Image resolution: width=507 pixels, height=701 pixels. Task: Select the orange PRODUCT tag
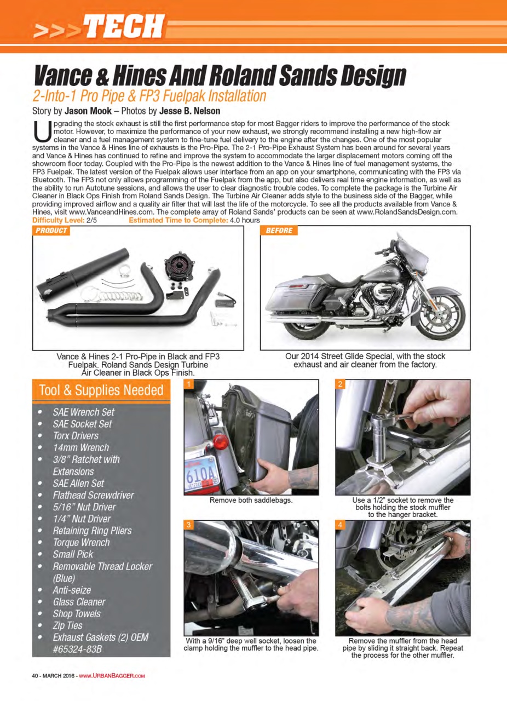point(51,231)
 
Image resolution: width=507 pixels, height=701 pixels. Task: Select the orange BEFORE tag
point(279,231)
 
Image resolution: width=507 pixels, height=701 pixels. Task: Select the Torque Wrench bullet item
point(81,542)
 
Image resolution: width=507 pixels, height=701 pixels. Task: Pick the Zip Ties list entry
point(67,625)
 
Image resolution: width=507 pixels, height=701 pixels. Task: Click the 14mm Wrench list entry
point(80,447)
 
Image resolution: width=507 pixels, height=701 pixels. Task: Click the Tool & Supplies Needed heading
point(101,390)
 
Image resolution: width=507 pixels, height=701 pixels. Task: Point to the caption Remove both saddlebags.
point(251,501)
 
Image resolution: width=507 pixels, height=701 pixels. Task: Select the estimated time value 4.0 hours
point(245,220)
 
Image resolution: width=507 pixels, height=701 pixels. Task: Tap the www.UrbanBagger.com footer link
point(112,675)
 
